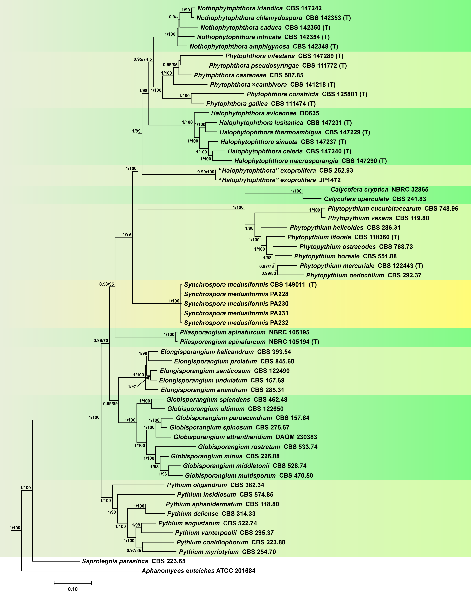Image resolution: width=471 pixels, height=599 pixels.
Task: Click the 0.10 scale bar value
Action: point(73,589)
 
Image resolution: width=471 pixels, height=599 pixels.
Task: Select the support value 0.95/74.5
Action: point(143,59)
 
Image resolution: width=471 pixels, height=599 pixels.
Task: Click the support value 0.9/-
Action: point(173,17)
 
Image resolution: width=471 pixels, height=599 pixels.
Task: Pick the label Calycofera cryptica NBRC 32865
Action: point(379,189)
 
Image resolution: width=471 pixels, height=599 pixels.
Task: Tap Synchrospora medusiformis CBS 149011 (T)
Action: point(250,285)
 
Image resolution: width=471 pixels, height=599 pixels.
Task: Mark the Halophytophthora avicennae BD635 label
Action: point(265,113)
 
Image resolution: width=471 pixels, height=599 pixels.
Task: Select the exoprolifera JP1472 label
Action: point(279,180)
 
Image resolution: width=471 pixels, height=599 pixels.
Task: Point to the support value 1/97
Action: point(132,387)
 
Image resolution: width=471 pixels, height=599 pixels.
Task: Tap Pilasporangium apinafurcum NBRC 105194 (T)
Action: point(249,342)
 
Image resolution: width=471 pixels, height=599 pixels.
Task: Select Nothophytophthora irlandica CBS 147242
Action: point(259,8)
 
